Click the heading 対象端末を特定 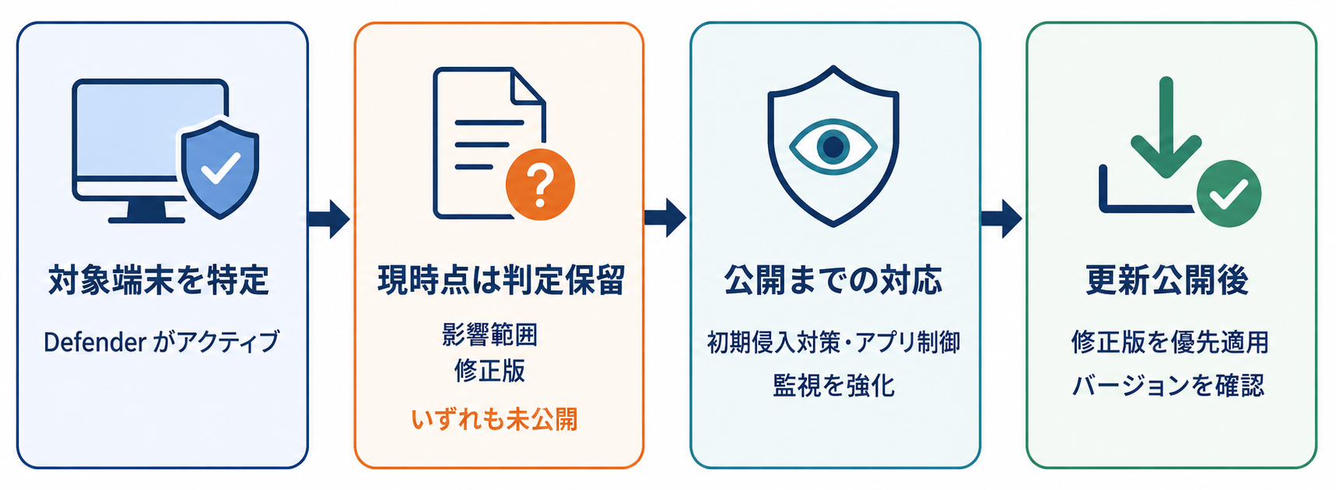[x=159, y=280]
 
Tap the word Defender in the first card [x=95, y=341]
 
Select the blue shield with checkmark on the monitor [x=220, y=168]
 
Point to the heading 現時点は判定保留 [x=501, y=280]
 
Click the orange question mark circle [x=540, y=184]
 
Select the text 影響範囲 [x=489, y=334]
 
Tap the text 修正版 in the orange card [x=489, y=370]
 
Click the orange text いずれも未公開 [x=495, y=419]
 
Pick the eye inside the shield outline [x=833, y=146]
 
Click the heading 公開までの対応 [x=833, y=280]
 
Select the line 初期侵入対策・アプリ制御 [x=833, y=342]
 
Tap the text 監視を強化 [x=833, y=385]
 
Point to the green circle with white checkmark [x=1229, y=194]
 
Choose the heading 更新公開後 [x=1167, y=280]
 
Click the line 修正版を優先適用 [x=1169, y=342]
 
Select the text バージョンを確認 [x=1169, y=385]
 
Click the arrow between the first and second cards [x=329, y=219]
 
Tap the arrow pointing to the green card [x=1001, y=219]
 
